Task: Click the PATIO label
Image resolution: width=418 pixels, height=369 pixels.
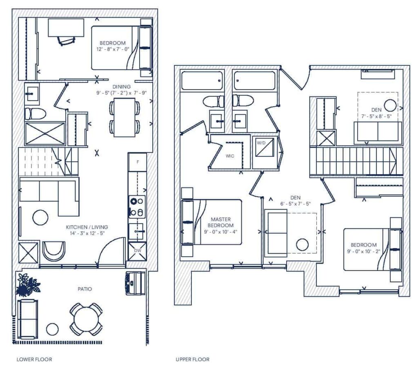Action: [85, 289]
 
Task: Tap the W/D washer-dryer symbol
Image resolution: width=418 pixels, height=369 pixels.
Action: [265, 147]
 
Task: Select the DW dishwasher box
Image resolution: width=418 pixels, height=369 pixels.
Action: [137, 251]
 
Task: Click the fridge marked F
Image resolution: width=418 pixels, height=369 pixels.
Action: [137, 162]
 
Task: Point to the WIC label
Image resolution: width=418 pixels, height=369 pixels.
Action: [230, 156]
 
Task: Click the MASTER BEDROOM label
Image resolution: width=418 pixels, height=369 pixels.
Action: [221, 222]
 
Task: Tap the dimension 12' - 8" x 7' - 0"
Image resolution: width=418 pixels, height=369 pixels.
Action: [113, 49]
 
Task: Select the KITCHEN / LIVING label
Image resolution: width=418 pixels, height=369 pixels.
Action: [87, 227]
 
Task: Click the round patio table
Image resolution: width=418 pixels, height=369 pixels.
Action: [87, 319]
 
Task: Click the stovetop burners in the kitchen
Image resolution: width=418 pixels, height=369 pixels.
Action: [137, 207]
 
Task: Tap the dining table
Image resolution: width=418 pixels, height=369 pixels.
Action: [125, 117]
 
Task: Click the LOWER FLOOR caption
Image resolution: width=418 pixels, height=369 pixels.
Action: [34, 359]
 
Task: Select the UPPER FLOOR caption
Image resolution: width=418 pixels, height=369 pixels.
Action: [193, 359]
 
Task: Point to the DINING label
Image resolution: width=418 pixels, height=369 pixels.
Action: [122, 87]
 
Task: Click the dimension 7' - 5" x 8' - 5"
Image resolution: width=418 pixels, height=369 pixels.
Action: [376, 116]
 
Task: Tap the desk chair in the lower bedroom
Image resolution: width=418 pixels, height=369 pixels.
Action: [66, 40]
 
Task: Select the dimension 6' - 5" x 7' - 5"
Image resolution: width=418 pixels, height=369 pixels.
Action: [296, 204]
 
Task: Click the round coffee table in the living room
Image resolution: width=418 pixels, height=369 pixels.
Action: [40, 217]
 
